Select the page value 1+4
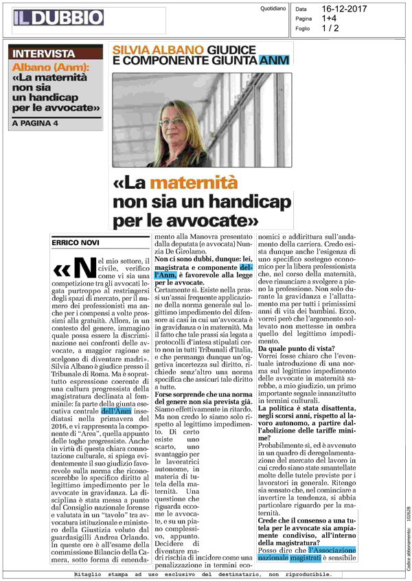[328, 19]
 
